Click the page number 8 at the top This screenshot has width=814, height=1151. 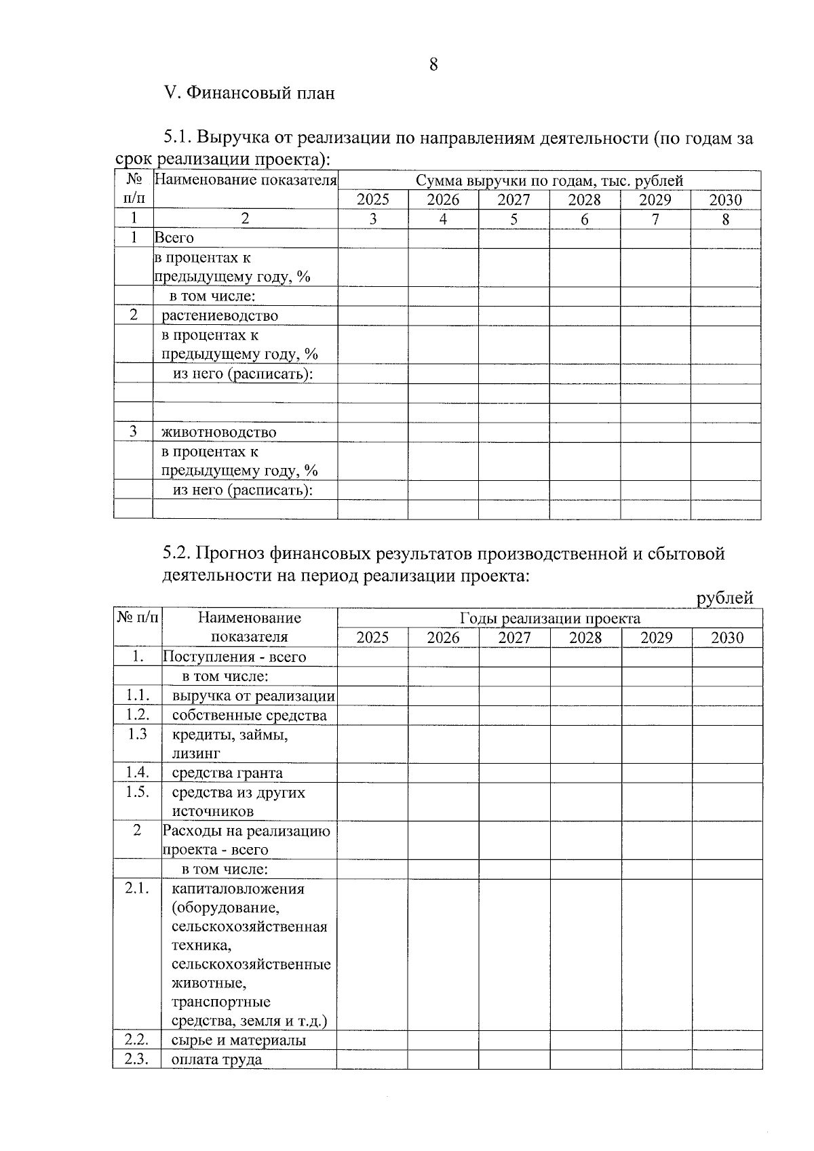pos(433,65)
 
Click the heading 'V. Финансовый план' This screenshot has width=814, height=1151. pos(250,93)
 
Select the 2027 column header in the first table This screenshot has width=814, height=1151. pos(513,200)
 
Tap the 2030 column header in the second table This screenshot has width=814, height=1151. pos(726,638)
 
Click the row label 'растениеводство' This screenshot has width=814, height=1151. pos(220,315)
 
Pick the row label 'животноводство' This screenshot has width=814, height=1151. pos(218,432)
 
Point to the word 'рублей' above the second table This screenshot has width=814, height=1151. pos(725,598)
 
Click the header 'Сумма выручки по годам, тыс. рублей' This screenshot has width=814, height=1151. pos(549,180)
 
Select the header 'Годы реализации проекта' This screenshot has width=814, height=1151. pos(549,618)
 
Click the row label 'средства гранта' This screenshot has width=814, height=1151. pos(227,773)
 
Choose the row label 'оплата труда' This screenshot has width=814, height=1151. pos(216,1059)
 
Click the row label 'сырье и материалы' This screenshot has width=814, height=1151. pos(238,1040)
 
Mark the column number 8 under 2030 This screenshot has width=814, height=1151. pos(725,219)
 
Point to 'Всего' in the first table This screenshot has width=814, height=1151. pos(174,238)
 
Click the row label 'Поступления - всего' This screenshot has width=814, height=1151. pos(234,657)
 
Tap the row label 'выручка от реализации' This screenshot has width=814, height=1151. pos(253,696)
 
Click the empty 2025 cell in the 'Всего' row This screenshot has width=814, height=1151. pos(372,238)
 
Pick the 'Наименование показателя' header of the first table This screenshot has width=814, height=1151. pos(246,180)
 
